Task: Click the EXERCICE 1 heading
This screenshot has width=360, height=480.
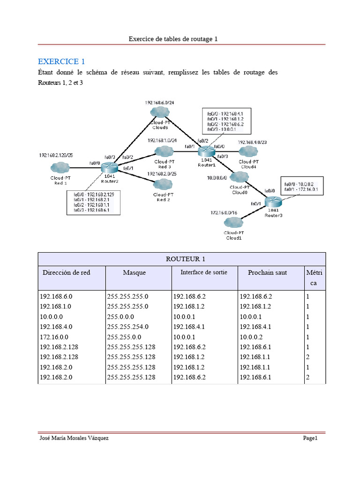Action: pos(61,61)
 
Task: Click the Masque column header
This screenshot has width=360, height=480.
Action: pos(134,272)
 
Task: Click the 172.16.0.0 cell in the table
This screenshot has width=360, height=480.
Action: pos(56,337)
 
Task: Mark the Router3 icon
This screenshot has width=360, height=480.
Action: pos(273,202)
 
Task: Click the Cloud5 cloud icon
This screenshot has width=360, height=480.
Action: pos(160,112)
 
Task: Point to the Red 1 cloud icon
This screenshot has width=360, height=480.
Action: pos(60,167)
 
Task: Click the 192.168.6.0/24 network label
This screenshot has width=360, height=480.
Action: pos(159,102)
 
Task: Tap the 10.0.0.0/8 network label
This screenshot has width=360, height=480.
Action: pos(217,178)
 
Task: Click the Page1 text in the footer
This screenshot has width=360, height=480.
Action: pos(310,438)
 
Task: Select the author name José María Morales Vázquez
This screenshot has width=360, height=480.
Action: pos(76,438)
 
